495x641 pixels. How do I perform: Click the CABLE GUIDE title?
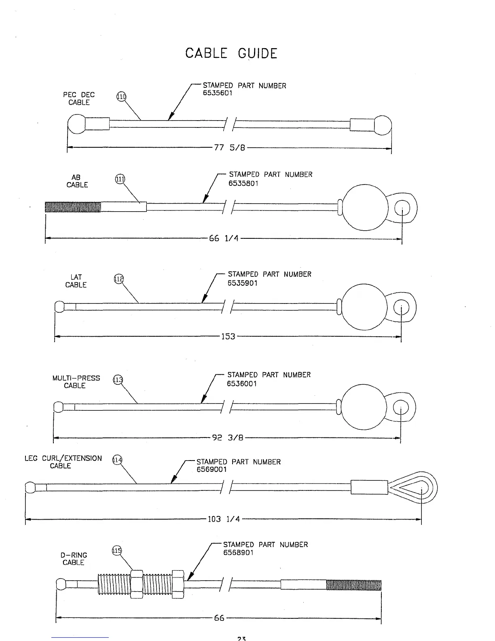(231, 53)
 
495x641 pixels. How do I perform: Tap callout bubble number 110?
(121, 97)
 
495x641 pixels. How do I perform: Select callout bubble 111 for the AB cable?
(121, 179)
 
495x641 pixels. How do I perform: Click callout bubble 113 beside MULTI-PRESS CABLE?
(118, 380)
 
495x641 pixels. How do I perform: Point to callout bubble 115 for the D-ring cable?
(116, 550)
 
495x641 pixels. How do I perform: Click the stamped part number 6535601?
(218, 93)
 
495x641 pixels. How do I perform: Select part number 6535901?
(242, 283)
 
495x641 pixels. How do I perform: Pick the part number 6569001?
(212, 469)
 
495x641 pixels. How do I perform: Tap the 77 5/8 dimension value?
(230, 148)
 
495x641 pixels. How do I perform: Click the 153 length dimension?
(228, 336)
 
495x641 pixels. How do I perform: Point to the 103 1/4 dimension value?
(224, 519)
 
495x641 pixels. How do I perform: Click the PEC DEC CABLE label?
(79, 98)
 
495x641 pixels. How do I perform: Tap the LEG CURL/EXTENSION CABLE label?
(63, 462)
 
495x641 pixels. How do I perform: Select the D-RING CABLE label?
(74, 559)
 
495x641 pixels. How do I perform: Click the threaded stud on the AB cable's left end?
(73, 207)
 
